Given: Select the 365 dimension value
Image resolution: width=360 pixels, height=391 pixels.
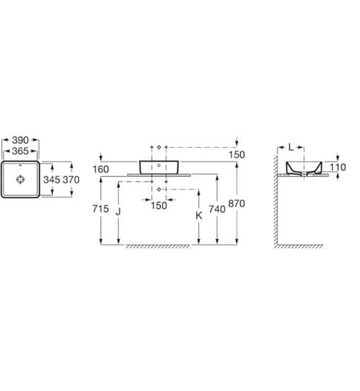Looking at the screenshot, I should point(21,151).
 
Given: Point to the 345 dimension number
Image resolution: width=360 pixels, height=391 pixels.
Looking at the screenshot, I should point(52,180).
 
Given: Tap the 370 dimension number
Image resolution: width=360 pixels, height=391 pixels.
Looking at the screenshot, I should point(71,180).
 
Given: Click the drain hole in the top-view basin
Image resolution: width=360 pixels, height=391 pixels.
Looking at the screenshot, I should point(21,180).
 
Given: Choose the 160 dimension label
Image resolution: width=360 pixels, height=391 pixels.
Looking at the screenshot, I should point(102,169).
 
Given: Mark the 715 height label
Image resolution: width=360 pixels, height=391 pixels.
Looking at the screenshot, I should point(101,210).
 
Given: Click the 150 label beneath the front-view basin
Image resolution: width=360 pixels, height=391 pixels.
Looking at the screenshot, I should point(159,206).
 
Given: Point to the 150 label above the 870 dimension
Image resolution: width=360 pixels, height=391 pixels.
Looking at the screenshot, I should point(237,155).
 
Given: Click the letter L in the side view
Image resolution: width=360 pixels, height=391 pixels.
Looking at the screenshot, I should point(291,147).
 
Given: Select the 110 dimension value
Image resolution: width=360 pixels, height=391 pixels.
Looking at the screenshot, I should point(338,167).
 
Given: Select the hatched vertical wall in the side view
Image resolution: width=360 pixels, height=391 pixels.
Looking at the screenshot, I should point(276,201).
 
